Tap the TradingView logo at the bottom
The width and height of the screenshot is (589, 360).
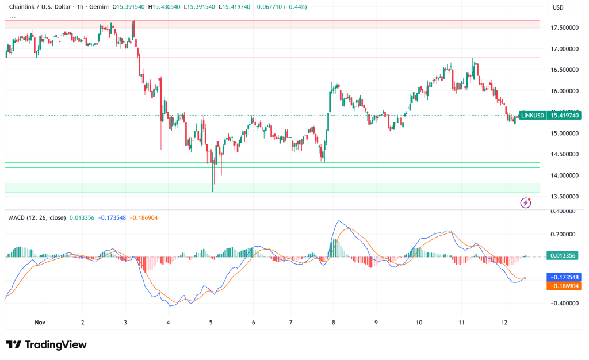(46, 344)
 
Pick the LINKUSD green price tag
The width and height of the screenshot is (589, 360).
(532, 116)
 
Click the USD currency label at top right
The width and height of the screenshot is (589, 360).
(557, 7)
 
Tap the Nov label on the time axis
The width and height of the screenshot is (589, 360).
(40, 323)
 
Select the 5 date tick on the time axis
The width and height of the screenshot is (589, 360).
(211, 323)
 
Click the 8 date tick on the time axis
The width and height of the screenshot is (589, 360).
(334, 323)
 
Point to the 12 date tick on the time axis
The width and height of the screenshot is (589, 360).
(504, 323)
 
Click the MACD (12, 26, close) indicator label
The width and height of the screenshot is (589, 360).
(37, 217)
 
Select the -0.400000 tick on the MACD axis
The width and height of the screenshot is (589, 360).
(561, 304)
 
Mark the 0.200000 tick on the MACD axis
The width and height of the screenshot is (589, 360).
(563, 235)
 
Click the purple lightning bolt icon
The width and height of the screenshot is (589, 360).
(525, 202)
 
